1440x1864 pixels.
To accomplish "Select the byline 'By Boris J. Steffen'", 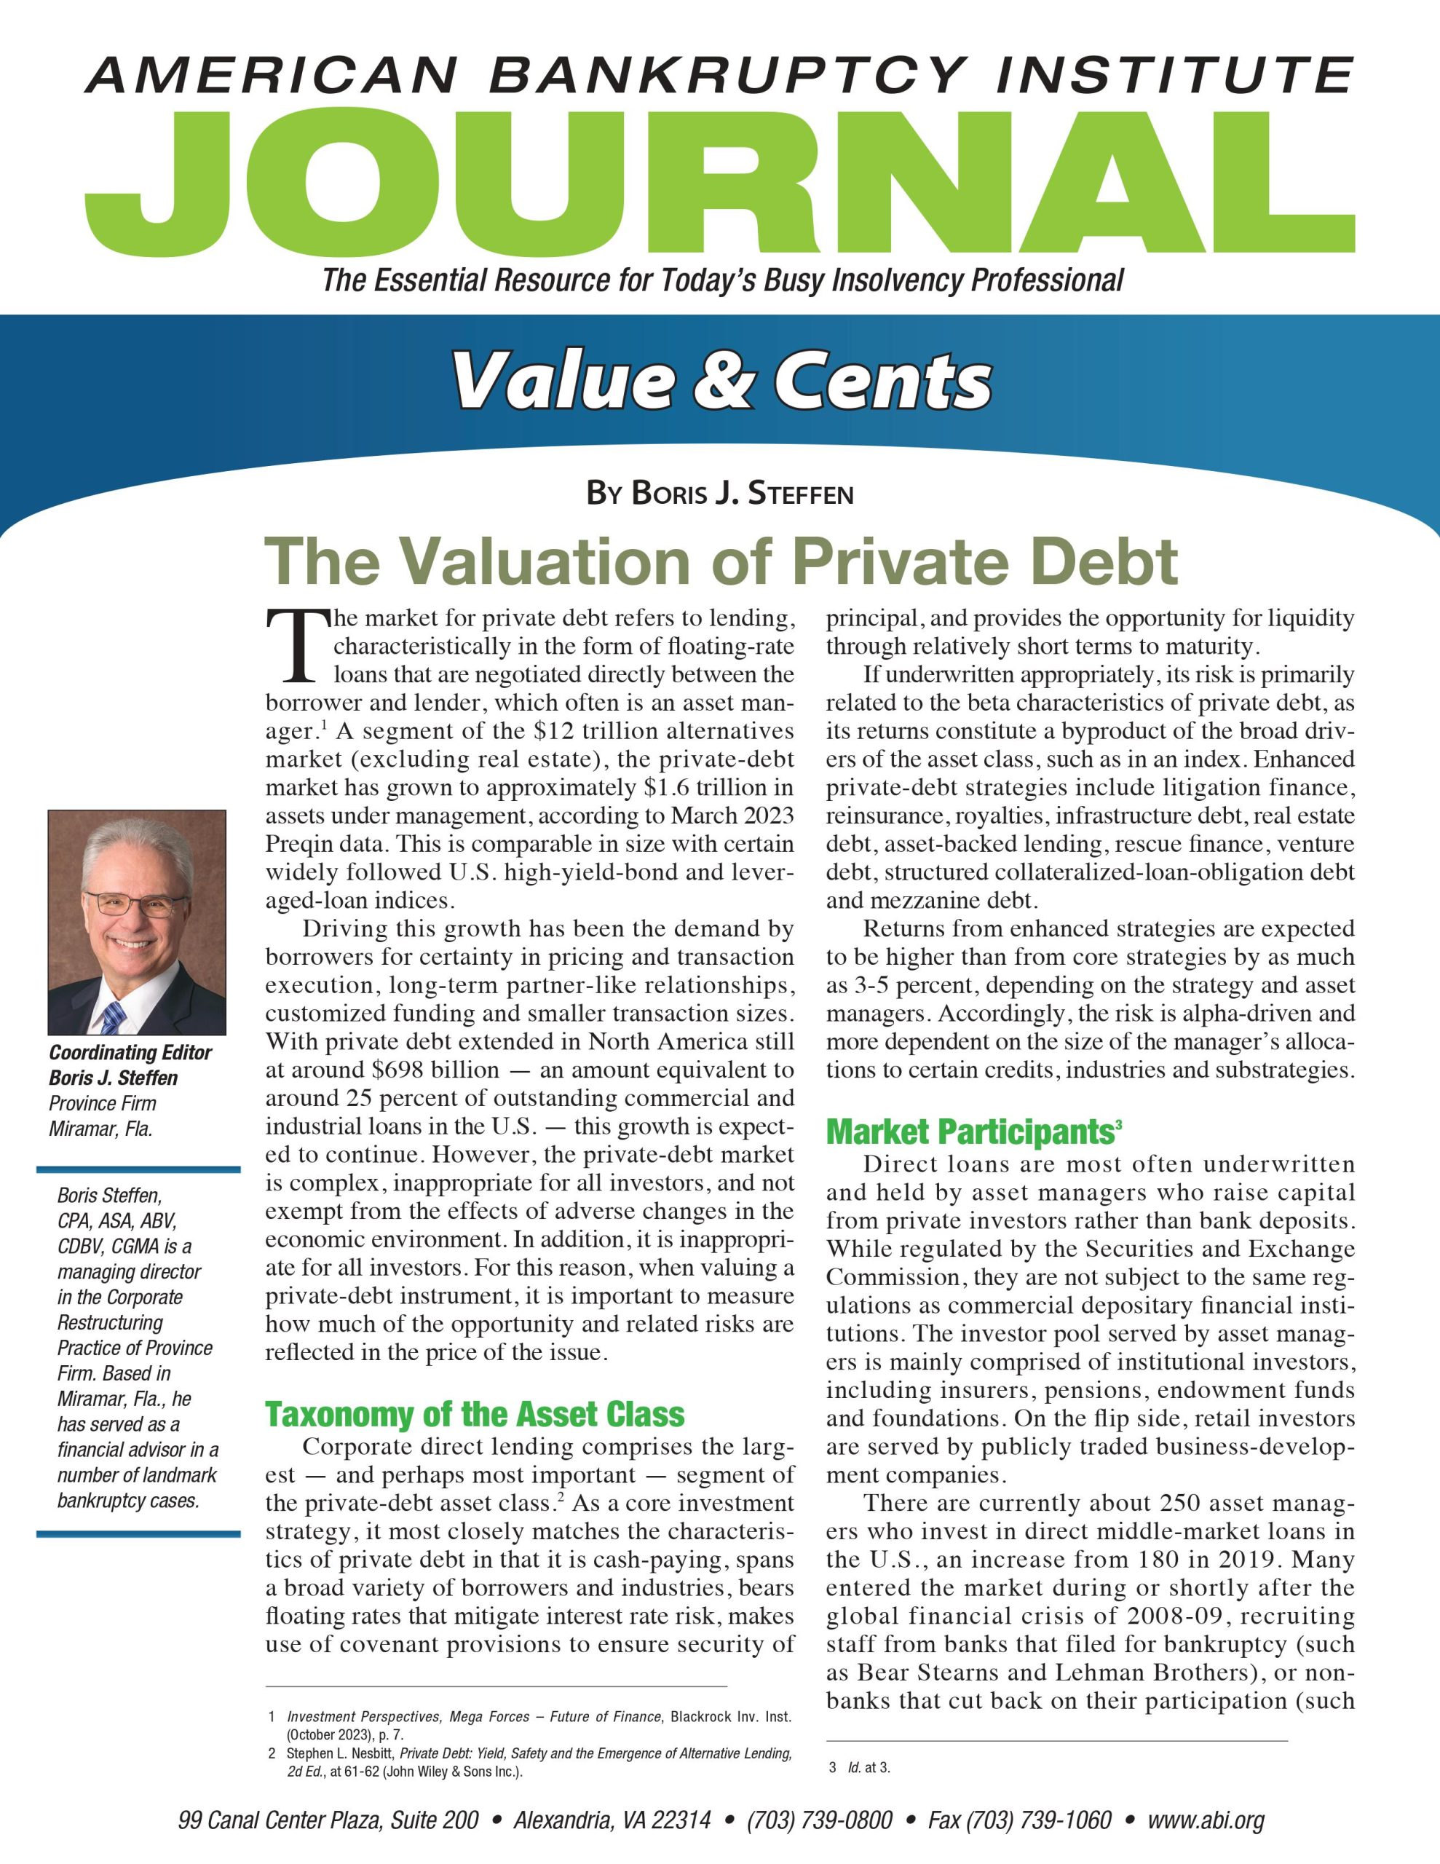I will tap(719, 494).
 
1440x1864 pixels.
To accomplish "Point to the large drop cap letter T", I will tap(296, 646).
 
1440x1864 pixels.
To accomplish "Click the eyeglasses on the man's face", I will tap(132, 904).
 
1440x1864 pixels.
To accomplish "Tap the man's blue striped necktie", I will tap(113, 1016).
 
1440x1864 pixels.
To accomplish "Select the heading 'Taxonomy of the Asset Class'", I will tap(475, 1415).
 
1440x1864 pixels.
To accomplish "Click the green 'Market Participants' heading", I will tap(970, 1132).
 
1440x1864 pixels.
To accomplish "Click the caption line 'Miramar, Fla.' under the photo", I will tap(100, 1129).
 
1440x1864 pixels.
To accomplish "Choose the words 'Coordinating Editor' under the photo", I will tap(130, 1052).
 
